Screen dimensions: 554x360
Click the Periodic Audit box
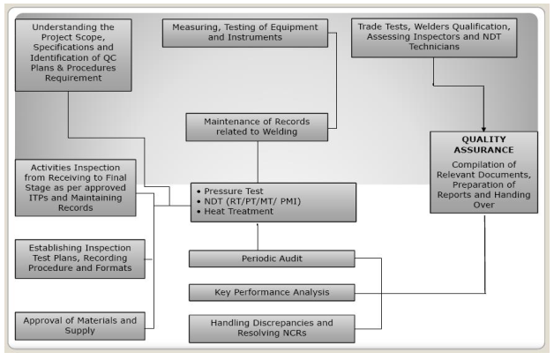272,259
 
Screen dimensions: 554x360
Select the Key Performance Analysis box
272,293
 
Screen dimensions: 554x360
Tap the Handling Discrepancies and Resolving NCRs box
272,328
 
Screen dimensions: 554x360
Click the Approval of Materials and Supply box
80,326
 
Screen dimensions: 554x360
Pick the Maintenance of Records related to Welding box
257,127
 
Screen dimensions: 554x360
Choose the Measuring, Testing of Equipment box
245,33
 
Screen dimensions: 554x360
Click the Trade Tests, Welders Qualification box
434,38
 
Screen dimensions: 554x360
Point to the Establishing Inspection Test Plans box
80,259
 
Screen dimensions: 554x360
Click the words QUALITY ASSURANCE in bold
483,145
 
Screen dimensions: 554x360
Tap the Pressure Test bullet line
230,191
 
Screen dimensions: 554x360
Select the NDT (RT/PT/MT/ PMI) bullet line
249,201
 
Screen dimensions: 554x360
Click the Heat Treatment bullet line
235,211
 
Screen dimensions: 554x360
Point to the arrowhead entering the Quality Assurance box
483,130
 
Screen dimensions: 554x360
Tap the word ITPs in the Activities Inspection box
39,198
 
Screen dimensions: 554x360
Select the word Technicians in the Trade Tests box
434,47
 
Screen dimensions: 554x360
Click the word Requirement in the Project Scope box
73,78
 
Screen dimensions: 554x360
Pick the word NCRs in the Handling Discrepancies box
295,334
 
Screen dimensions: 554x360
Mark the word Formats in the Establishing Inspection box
113,267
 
